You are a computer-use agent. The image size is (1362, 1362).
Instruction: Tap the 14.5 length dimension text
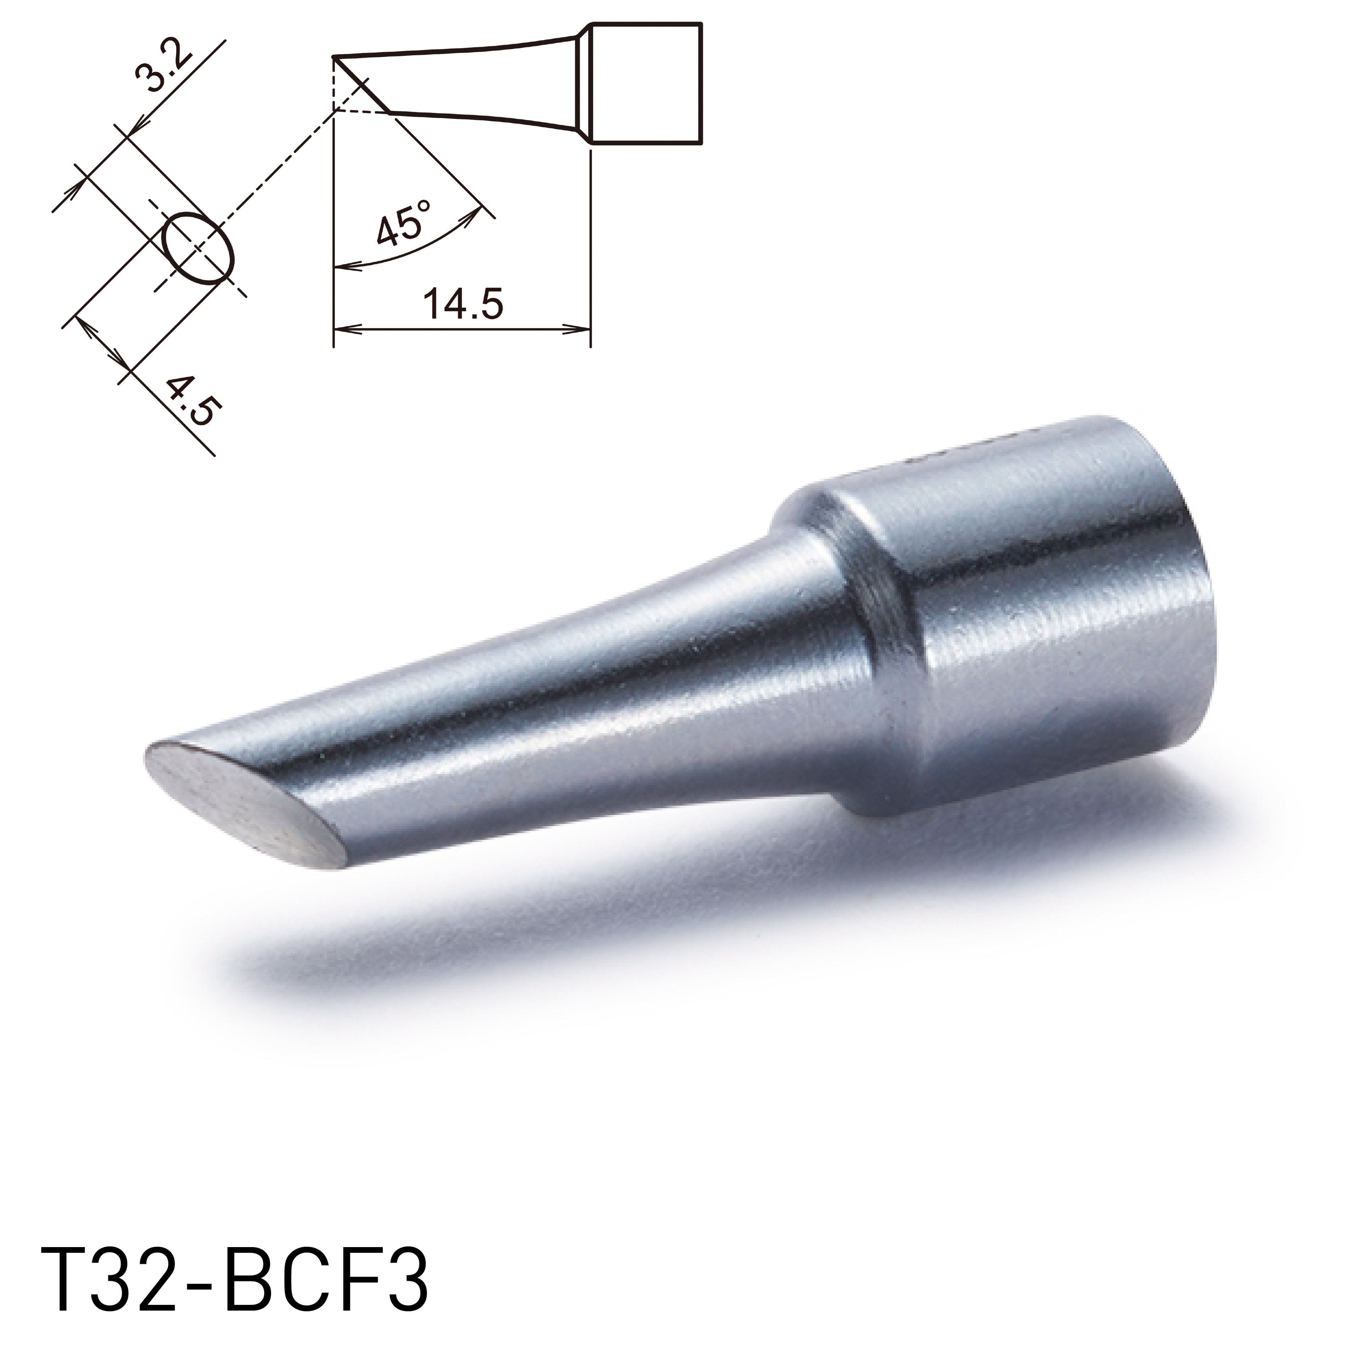[462, 305]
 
